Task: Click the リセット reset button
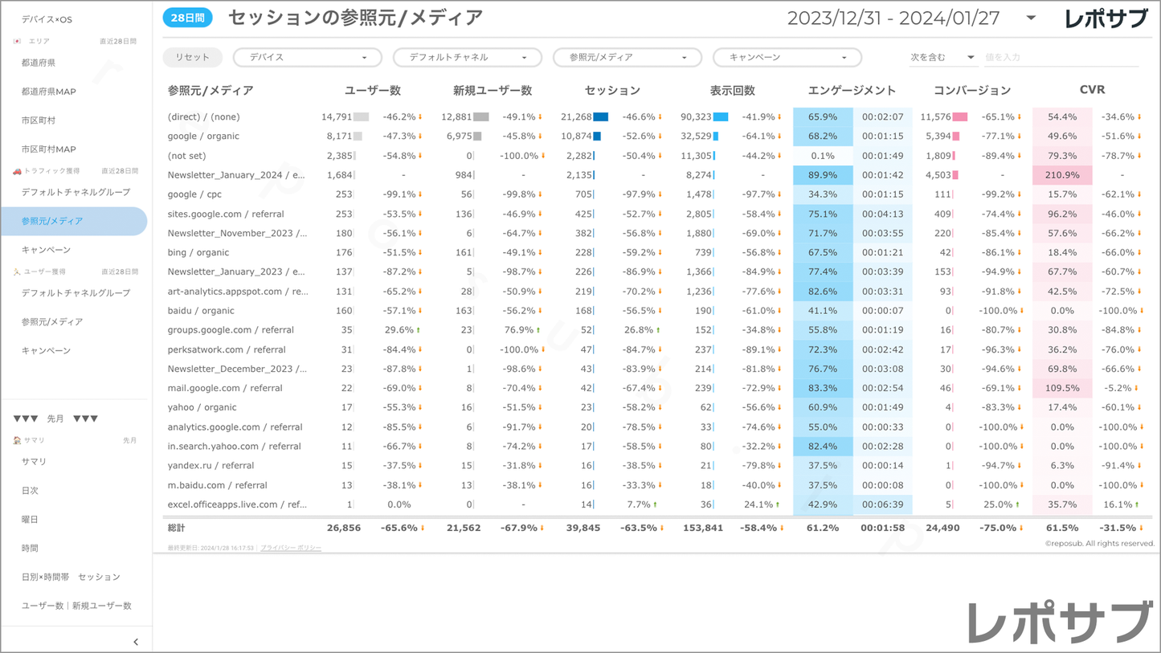pyautogui.click(x=192, y=57)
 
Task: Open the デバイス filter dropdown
pyautogui.click(x=307, y=58)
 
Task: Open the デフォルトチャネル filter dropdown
pyautogui.click(x=467, y=58)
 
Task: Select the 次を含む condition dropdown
pyautogui.click(x=942, y=58)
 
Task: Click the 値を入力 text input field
pyautogui.click(x=1061, y=58)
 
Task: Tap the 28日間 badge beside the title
pyautogui.click(x=187, y=18)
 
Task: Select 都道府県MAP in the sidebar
pyautogui.click(x=48, y=92)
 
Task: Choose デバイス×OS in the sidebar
pyautogui.click(x=47, y=19)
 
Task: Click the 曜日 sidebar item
pyautogui.click(x=30, y=519)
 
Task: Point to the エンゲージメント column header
pyautogui.click(x=852, y=91)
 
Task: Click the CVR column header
pyautogui.click(x=1092, y=90)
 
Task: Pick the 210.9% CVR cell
pyautogui.click(x=1062, y=175)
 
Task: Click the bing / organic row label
pyautogui.click(x=198, y=252)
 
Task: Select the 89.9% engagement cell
pyautogui.click(x=823, y=175)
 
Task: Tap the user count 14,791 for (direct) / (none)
pyautogui.click(x=337, y=117)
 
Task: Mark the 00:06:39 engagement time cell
pyautogui.click(x=882, y=504)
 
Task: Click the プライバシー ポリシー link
pyautogui.click(x=290, y=548)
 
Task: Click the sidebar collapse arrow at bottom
pyautogui.click(x=136, y=642)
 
